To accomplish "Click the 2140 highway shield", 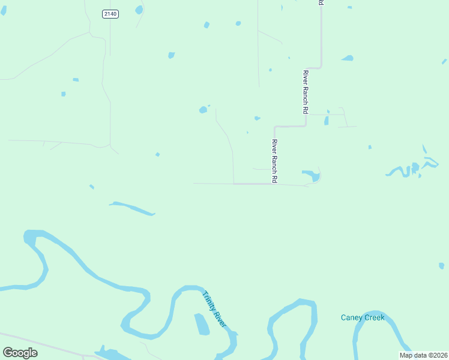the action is (110, 14).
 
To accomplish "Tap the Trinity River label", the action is (214, 309).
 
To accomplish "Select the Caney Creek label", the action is (363, 317).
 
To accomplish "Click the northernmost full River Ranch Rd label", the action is (306, 92).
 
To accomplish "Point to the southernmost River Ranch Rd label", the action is (274, 161).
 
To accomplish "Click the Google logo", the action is (20, 353).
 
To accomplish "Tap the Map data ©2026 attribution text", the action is (423, 355).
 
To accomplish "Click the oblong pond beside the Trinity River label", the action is (202, 325).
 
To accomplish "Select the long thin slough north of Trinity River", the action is (133, 208).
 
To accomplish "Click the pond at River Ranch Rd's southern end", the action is (312, 175).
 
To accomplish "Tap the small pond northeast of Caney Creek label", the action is (441, 265).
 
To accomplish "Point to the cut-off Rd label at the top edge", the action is (321, 3).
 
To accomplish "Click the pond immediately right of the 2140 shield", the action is (139, 10).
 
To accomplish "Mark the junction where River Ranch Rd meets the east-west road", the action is (274, 184).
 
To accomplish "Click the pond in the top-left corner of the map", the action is (4, 11).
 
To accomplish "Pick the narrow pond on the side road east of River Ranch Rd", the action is (327, 120).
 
